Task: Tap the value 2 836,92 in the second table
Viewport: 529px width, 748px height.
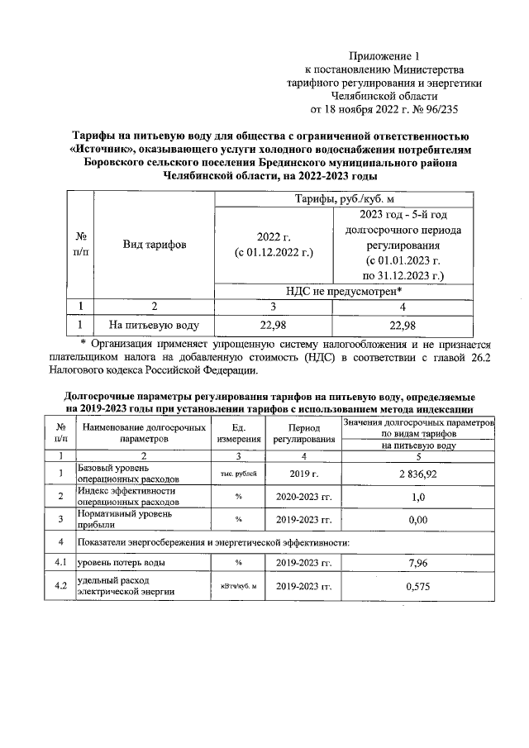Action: click(417, 473)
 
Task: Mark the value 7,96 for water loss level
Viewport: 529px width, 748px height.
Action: click(417, 563)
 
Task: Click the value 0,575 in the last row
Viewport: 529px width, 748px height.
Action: click(417, 586)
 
